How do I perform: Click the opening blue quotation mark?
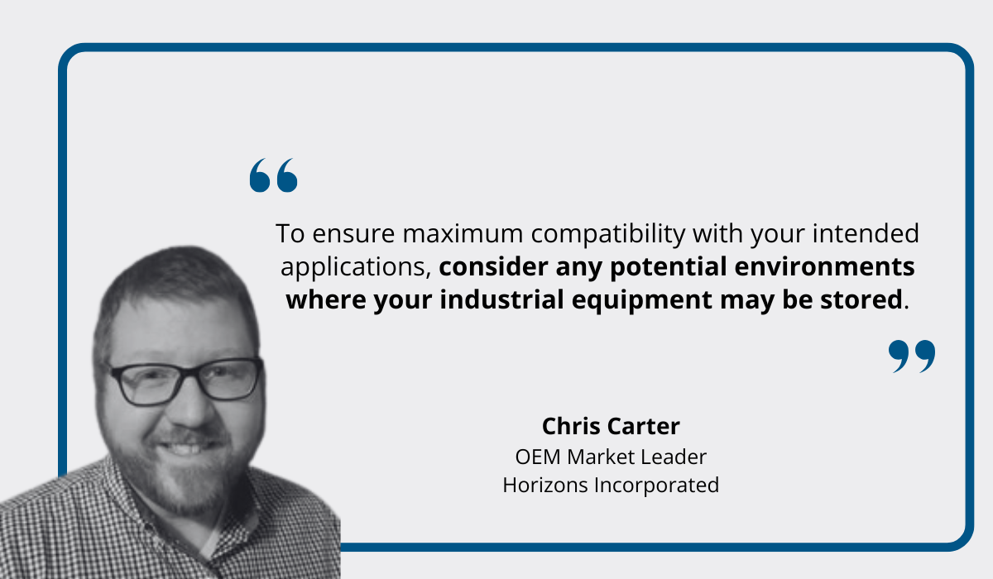274,175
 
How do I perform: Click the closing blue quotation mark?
912,356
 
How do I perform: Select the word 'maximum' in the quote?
463,233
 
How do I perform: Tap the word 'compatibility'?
608,235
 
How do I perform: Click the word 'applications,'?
356,267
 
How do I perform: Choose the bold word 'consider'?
493,266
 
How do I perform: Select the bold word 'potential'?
669,267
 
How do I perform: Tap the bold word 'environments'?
824,266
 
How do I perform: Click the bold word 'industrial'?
501,299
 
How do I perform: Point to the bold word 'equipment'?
642,301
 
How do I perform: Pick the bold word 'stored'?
861,299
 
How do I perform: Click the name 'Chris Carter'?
611,426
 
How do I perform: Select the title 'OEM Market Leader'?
611,457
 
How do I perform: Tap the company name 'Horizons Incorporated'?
611,485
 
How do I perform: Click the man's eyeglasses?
186,380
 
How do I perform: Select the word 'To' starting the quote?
290,233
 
